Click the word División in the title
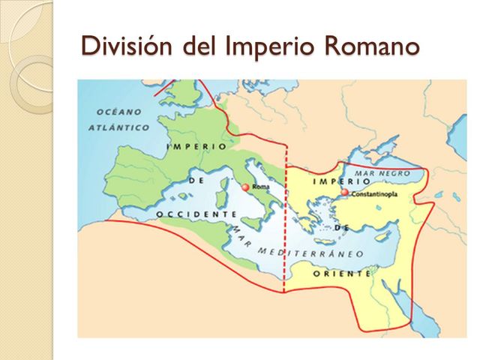coord(128,46)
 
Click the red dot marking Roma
coord(246,187)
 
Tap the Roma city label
coord(260,187)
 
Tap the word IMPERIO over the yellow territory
coord(341,182)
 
